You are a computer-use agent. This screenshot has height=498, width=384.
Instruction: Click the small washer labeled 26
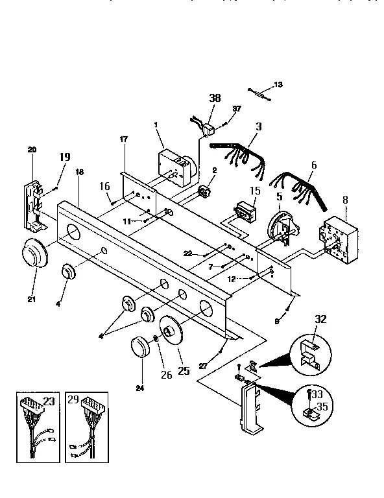[156, 338]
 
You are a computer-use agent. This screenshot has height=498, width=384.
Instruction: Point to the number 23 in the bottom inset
[49, 401]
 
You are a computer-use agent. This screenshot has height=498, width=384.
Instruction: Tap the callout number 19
[64, 157]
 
